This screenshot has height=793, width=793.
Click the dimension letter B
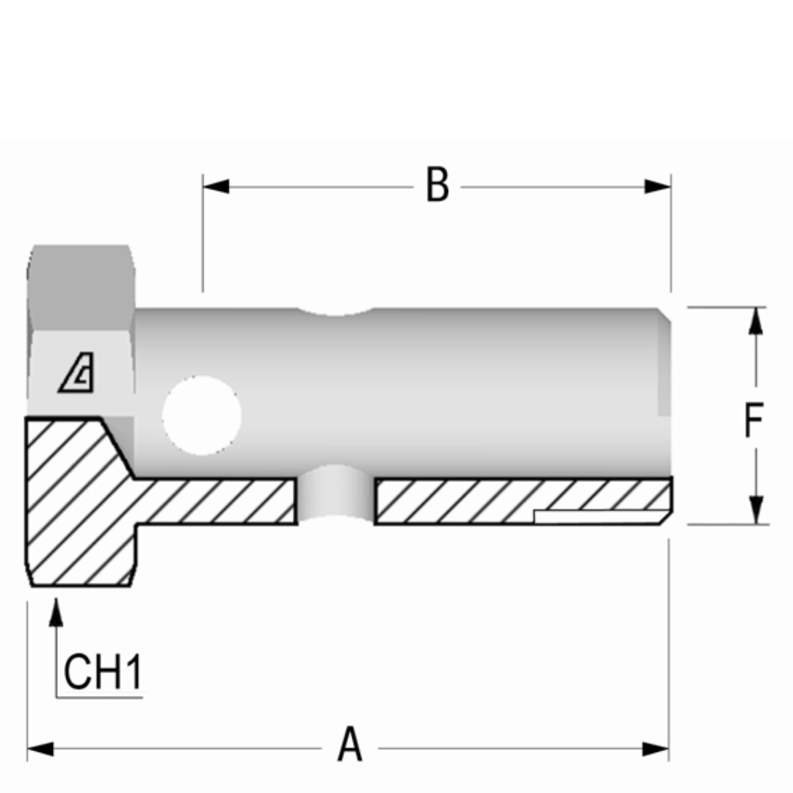[438, 185]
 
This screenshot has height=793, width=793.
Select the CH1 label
[102, 671]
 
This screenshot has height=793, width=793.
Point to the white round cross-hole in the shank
[201, 415]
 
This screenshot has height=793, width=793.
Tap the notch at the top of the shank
[336, 311]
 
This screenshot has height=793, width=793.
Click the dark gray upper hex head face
[81, 286]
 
